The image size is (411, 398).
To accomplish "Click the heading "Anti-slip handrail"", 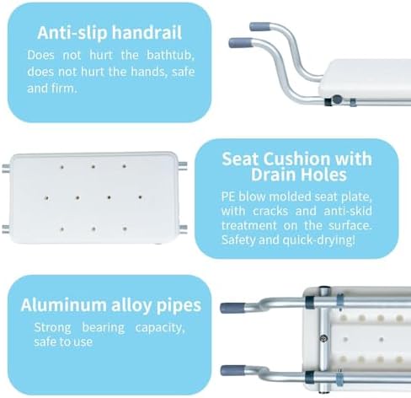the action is coord(109,33).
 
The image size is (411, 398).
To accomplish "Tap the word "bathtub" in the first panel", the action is coord(170,55).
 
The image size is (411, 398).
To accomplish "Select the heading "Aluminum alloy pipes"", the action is coord(111,305).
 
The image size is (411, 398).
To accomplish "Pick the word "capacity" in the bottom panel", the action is coord(160,328).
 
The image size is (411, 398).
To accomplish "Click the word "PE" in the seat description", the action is coord(228,196).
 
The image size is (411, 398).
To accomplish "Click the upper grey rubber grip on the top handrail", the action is coord(260,27).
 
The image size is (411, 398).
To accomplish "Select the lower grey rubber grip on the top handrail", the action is coord(240,43).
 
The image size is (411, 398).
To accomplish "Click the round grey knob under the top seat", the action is coord(337,99).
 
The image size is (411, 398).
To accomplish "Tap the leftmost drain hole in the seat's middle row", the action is coord(46,198).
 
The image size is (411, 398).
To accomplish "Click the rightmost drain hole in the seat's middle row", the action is coord(140,197).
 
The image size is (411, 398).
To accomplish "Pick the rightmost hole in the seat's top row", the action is coord(124,166).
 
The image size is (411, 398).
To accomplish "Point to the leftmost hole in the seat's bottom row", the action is coord(61,229).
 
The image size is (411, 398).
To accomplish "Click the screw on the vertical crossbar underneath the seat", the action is coord(323,338).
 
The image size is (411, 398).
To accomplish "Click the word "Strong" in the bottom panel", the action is coord(52,328).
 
